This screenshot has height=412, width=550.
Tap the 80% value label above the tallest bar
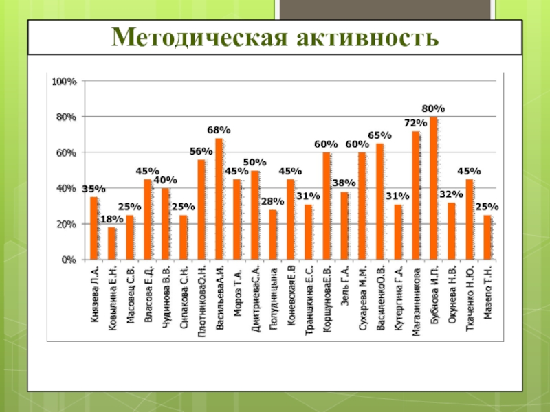coord(433,109)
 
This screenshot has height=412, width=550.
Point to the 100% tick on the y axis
coord(64,82)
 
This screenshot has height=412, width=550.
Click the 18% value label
coord(112,220)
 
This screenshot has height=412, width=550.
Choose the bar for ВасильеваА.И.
coord(219,199)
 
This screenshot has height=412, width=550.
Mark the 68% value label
coord(219,130)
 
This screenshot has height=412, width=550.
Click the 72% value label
coord(415,123)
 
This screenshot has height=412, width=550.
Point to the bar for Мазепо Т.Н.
coord(487,238)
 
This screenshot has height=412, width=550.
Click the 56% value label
coord(201,151)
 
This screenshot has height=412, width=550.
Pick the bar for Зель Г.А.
coord(344,226)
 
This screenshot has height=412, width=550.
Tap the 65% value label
coord(379,135)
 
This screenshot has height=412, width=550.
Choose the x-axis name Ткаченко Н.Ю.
coord(470,298)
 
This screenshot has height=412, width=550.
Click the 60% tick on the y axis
coord(67,153)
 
